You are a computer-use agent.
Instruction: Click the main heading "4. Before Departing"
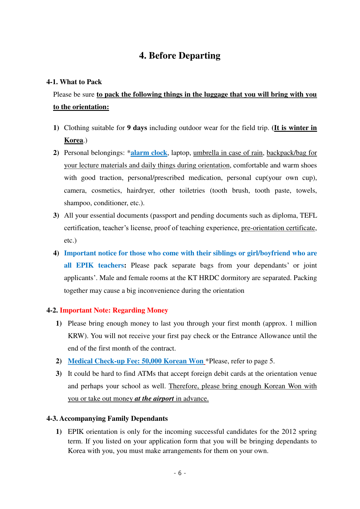180,55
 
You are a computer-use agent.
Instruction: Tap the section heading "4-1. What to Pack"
74,82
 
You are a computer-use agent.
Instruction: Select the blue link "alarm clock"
149,153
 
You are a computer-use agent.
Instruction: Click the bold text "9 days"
137,128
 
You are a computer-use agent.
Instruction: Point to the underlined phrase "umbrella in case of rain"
228,153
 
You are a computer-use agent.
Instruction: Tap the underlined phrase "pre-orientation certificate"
278,228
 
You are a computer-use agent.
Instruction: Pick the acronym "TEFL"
308,215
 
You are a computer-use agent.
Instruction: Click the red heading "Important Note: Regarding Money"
114,310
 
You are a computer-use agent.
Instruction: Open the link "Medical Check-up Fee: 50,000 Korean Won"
135,361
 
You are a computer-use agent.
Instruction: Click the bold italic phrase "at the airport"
154,398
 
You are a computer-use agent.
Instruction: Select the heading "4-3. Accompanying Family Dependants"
107,418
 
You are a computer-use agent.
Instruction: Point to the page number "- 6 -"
180,473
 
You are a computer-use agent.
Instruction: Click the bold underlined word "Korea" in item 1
74,140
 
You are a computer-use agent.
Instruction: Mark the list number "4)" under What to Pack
56,253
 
